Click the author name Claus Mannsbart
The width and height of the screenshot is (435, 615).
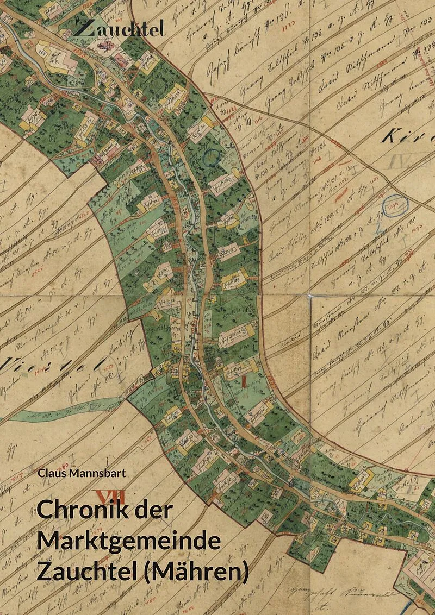(81, 473)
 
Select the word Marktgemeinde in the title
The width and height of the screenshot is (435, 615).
(129, 542)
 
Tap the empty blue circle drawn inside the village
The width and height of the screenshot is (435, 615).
(210, 157)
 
